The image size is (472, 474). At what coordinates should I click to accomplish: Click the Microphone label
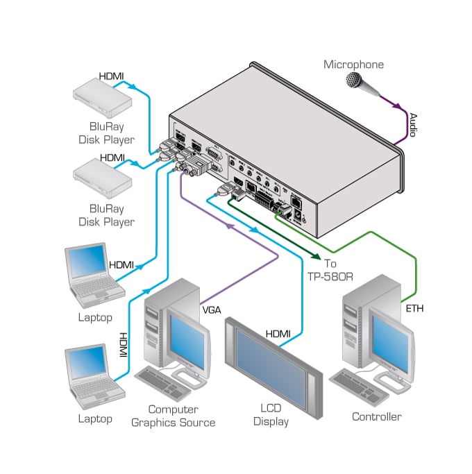353,65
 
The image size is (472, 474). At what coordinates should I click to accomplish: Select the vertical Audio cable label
412,125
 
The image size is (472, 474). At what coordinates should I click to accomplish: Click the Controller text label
376,417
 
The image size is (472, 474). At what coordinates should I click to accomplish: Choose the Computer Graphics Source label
173,416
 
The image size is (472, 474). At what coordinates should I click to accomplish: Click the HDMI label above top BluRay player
111,75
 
